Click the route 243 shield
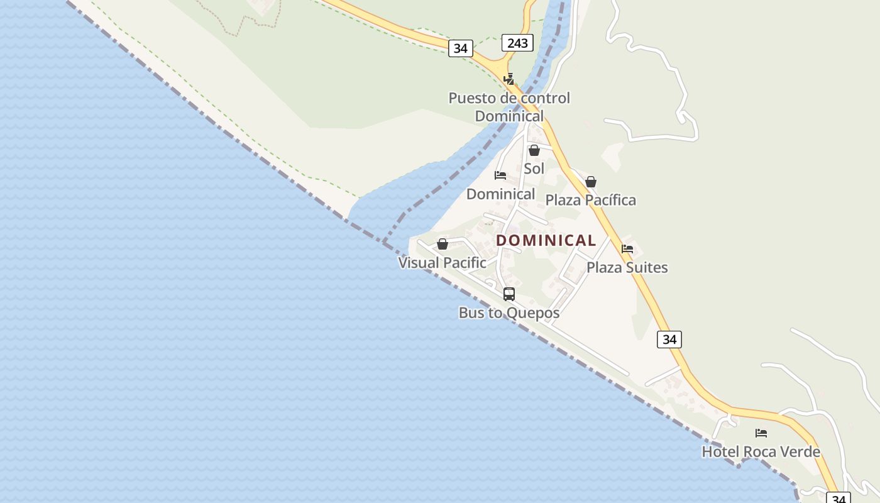click(x=517, y=43)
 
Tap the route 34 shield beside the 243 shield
click(x=460, y=48)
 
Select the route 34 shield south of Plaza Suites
click(x=669, y=340)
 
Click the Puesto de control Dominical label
click(x=509, y=107)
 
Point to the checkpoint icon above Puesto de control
click(x=509, y=79)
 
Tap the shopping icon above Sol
click(x=534, y=150)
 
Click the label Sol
click(x=534, y=169)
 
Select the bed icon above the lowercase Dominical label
click(x=500, y=175)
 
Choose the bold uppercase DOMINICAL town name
click(x=546, y=240)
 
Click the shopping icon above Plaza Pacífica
click(x=591, y=182)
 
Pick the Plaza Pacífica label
click(x=591, y=200)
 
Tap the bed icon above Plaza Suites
click(x=627, y=249)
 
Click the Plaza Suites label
click(x=627, y=267)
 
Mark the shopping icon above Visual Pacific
click(x=443, y=244)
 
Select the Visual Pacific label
click(x=443, y=263)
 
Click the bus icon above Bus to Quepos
click(x=509, y=294)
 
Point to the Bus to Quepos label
click(x=509, y=312)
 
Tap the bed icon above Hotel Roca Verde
click(x=761, y=433)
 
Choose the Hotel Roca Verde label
click(x=761, y=451)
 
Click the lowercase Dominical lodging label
click(x=501, y=194)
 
